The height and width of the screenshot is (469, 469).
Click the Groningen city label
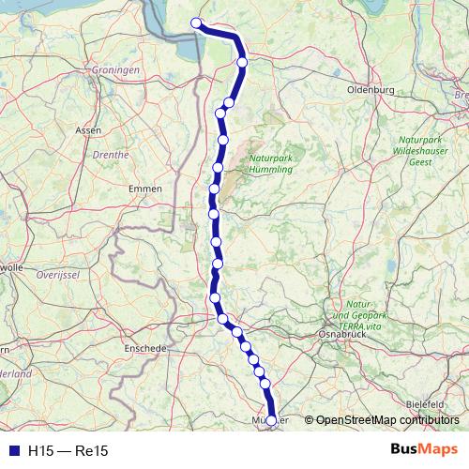pos(115,70)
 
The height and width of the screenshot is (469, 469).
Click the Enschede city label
pos(145,347)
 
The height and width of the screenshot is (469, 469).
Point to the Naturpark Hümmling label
pos(269,164)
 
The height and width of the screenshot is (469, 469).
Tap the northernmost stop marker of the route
pos(196,23)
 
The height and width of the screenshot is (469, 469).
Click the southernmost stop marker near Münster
pos(272,421)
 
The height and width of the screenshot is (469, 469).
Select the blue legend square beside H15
pos(11,451)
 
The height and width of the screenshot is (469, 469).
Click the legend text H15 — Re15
pos(68,451)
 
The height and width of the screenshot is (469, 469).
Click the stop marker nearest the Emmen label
pos(213,189)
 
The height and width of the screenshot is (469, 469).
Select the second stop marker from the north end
pos(242,63)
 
